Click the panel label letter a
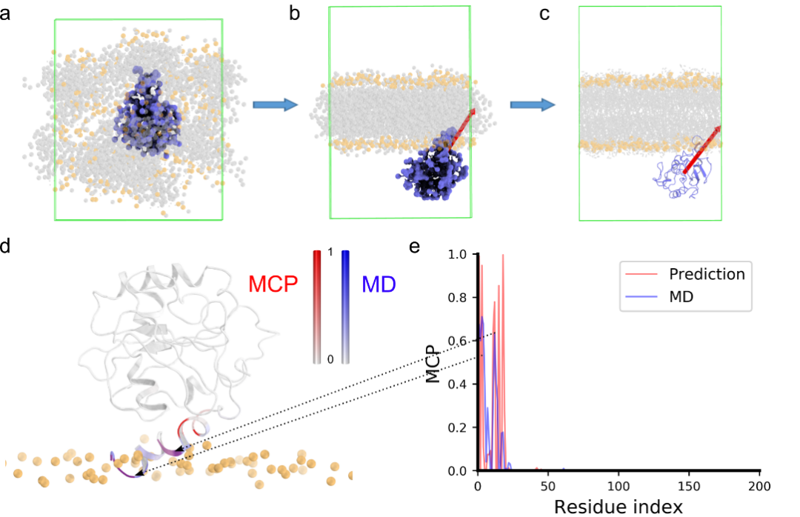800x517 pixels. (5, 14)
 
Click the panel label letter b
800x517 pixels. (295, 14)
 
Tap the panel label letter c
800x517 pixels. (544, 14)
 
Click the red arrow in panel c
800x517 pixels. (701, 150)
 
